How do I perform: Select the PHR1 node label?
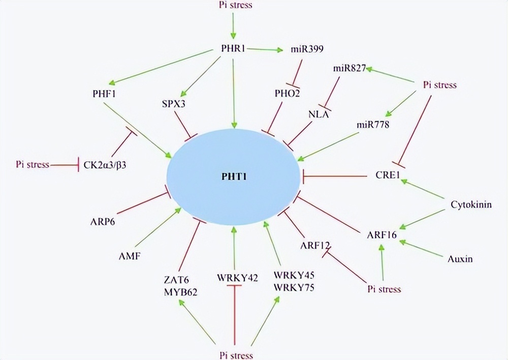[x=233, y=50]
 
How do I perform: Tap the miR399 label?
[x=304, y=50]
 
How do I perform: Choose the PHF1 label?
[x=100, y=94]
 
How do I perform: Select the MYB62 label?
[x=177, y=292]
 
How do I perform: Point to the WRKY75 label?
[x=294, y=287]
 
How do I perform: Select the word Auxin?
[x=460, y=259]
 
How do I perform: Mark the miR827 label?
[x=350, y=68]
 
